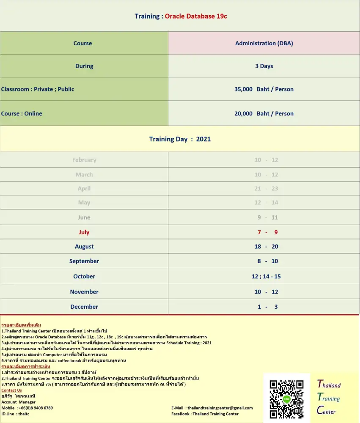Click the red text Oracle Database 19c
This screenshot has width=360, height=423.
pyautogui.click(x=196, y=16)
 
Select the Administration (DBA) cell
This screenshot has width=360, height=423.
pyautogui.click(x=264, y=43)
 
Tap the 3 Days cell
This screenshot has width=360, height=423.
pyautogui.click(x=264, y=66)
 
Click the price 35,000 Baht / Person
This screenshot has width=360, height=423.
pyautogui.click(x=264, y=89)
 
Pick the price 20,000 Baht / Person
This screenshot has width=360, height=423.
pyautogui.click(x=264, y=113)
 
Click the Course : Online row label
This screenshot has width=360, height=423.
pyautogui.click(x=22, y=113)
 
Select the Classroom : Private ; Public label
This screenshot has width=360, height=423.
pyautogui.click(x=38, y=89)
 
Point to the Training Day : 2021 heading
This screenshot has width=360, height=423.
pyautogui.click(x=180, y=139)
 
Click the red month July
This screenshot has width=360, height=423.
pyautogui.click(x=84, y=232)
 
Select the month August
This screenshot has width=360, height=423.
pyautogui.click(x=84, y=247)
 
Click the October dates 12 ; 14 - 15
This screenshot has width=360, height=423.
pyautogui.click(x=266, y=276)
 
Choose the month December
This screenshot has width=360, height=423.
pyautogui.click(x=84, y=307)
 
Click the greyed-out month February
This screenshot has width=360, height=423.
pyautogui.click(x=84, y=160)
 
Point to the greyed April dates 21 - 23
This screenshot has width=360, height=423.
pyautogui.click(x=266, y=189)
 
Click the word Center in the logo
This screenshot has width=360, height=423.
pyautogui.click(x=327, y=410)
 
